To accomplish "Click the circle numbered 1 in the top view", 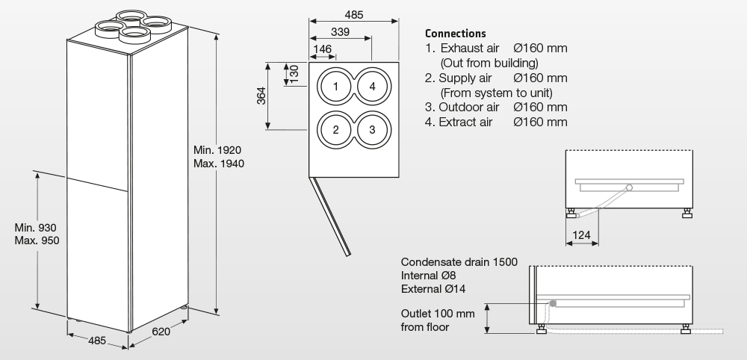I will [x=336, y=87].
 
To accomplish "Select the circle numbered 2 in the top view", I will [x=336, y=129].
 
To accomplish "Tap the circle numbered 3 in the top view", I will [x=372, y=129].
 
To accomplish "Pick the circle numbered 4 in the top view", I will [x=372, y=87].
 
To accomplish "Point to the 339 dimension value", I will [x=340, y=31].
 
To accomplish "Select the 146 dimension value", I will [x=323, y=49].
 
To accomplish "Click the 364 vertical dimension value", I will [x=262, y=97].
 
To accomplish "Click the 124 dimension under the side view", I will [x=581, y=236].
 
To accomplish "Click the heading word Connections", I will [x=455, y=34].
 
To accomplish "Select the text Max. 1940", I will [x=218, y=163].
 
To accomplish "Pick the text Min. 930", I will [x=36, y=227].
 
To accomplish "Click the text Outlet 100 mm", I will [x=438, y=313].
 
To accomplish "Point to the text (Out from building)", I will [x=489, y=63].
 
